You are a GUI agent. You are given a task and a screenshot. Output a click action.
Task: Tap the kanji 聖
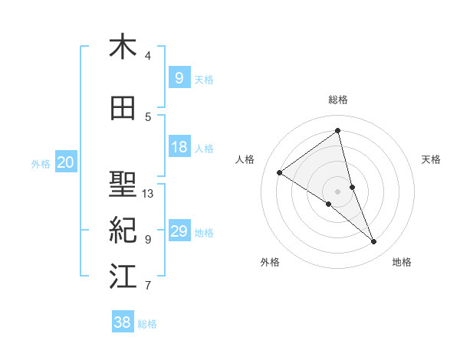[123, 185]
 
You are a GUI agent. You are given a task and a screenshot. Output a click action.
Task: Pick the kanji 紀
[123, 230]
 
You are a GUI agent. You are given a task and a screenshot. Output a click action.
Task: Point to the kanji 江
[123, 277]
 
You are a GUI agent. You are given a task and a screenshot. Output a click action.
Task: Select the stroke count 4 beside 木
[148, 55]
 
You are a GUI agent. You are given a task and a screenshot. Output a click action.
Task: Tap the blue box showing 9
[179, 77]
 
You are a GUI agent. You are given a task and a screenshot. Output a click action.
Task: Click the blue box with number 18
[179, 147]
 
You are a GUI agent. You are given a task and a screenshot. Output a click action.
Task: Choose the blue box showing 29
[179, 231]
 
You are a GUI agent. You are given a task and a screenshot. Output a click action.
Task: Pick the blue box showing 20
[66, 162]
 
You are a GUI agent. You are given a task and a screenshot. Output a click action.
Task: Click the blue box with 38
[122, 322]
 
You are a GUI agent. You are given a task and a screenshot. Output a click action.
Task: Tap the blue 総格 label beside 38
[147, 324]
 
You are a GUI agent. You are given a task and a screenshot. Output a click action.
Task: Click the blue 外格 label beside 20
[40, 163]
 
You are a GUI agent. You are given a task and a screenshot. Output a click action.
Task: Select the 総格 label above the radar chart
[338, 100]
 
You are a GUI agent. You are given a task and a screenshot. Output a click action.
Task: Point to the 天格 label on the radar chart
[432, 159]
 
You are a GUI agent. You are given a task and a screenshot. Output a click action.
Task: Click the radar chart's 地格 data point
[374, 242]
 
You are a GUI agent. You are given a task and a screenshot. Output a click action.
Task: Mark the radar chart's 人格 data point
[280, 172]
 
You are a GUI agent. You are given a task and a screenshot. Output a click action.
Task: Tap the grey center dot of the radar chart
[338, 191]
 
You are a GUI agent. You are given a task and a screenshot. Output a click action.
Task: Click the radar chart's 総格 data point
[338, 131]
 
